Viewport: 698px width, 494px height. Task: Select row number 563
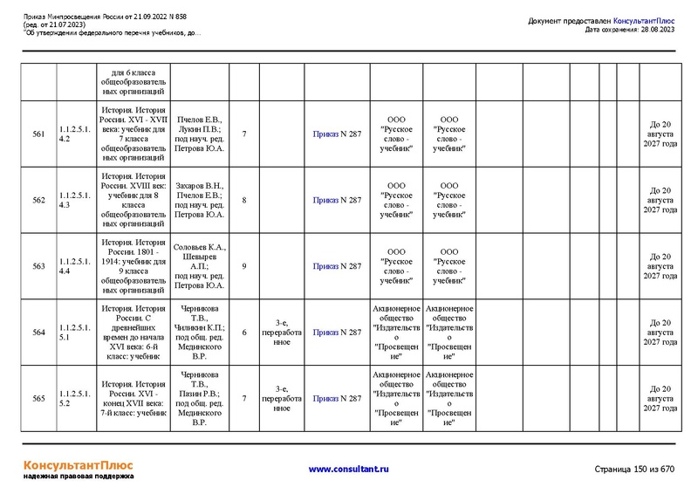coord(38,266)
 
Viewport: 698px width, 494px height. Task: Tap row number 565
coord(38,399)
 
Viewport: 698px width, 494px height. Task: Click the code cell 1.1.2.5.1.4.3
coord(75,200)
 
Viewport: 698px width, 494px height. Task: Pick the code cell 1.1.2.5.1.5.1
coord(75,333)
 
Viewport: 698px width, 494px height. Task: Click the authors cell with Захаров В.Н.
coord(200,200)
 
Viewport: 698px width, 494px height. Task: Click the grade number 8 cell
coord(244,200)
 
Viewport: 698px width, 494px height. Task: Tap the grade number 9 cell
coord(244,266)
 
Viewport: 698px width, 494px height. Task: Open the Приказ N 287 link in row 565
coord(337,399)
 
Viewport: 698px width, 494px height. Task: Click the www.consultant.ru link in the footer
coord(349,470)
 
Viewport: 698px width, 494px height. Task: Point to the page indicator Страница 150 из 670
coord(634,470)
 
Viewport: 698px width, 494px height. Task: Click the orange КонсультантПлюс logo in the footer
coord(78,464)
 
